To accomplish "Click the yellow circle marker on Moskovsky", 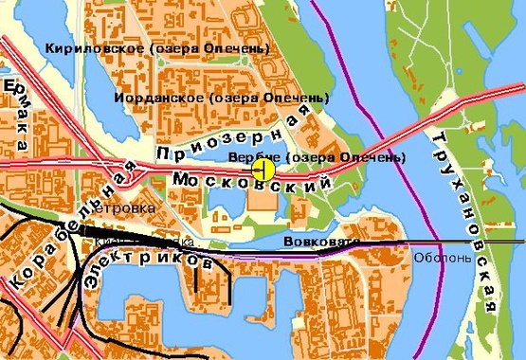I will pos(263,170).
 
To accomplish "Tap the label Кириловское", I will pos(86,46).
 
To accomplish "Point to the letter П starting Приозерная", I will pos(163,154).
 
